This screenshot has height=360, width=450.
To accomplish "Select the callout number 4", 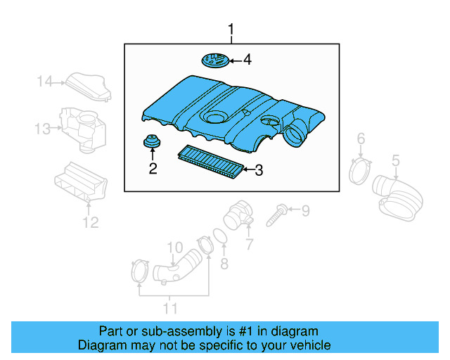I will pos(247,60).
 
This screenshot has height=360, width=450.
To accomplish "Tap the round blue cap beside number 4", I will pos(216,60).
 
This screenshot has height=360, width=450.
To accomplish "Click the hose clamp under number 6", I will pos(360,169).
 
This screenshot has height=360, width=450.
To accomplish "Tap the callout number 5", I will pos(396,160).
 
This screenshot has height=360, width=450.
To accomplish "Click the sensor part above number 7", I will pos(237,214).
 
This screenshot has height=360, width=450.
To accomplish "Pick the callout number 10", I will pos(174,247).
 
